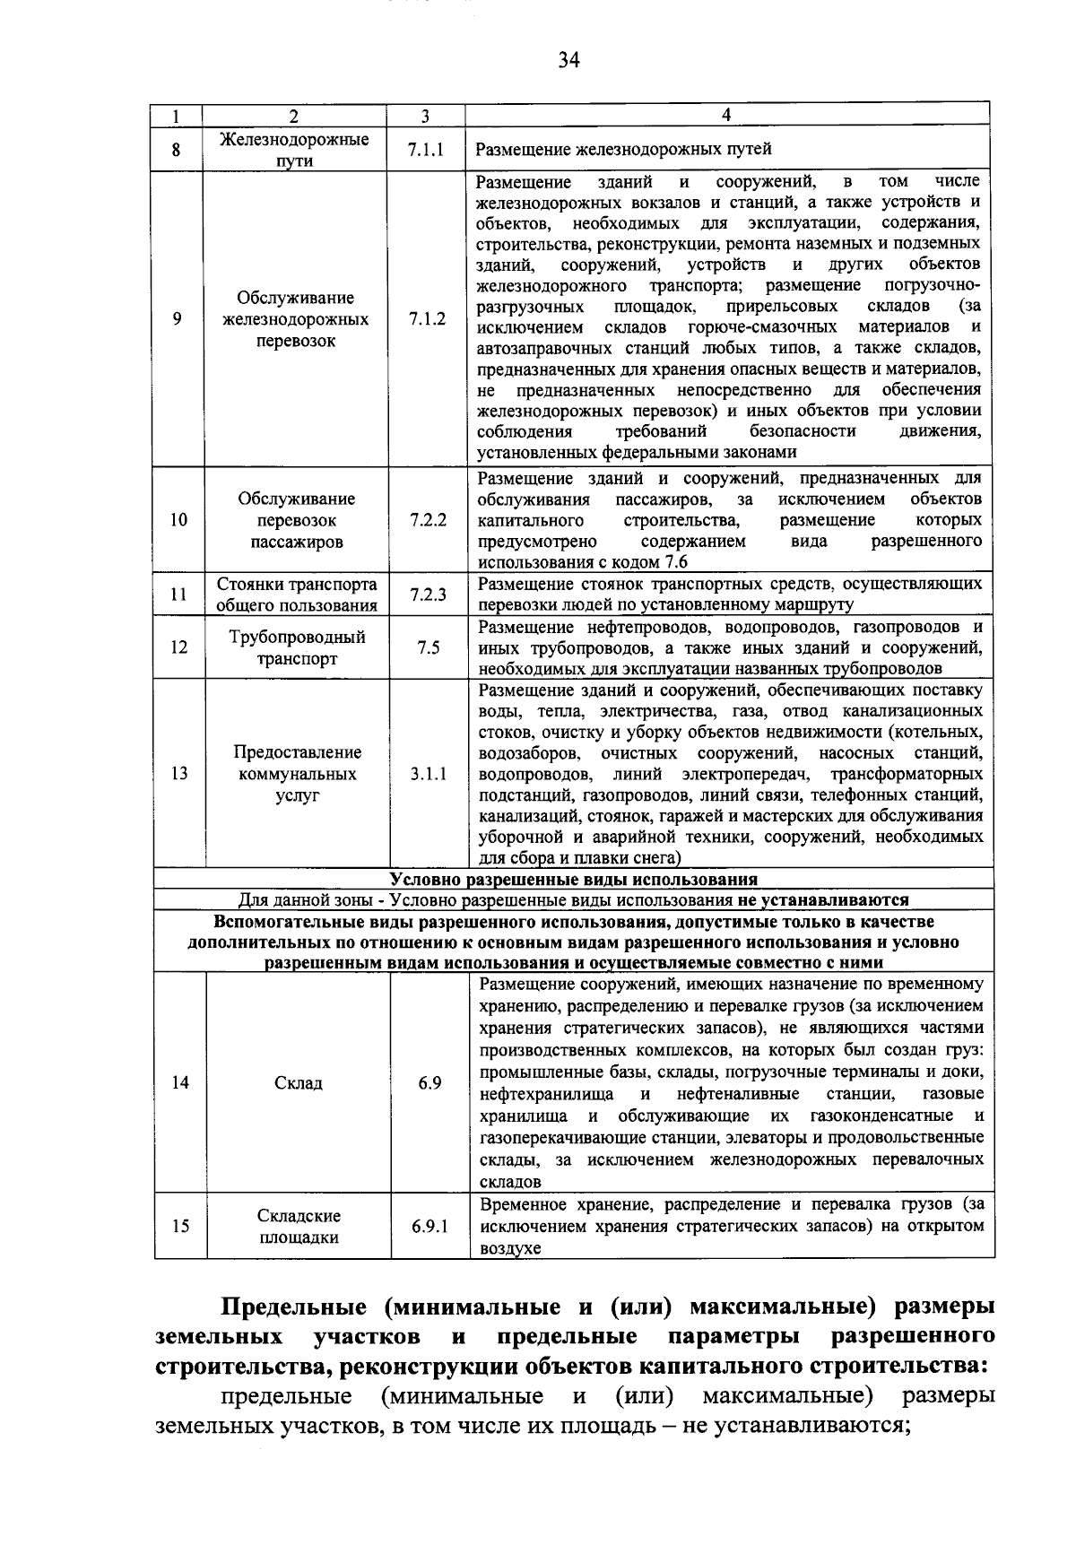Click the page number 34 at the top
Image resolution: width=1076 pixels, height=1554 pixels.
pyautogui.click(x=568, y=60)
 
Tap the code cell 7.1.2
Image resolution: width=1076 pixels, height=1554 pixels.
pyautogui.click(x=426, y=319)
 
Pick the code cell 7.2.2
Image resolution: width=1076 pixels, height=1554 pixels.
pyautogui.click(x=428, y=520)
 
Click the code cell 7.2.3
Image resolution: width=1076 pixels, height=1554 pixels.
pyautogui.click(x=428, y=595)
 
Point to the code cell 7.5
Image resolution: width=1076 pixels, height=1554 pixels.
pyautogui.click(x=428, y=647)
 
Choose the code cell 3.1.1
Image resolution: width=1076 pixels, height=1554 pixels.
pyautogui.click(x=429, y=774)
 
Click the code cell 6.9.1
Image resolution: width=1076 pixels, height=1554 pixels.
pyautogui.click(x=430, y=1227)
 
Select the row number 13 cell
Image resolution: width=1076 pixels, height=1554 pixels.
pyautogui.click(x=179, y=774)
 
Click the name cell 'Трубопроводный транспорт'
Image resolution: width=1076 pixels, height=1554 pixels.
pyautogui.click(x=297, y=647)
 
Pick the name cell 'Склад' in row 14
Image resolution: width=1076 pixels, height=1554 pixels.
pyautogui.click(x=298, y=1083)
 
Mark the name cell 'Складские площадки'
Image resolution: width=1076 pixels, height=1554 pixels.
pyautogui.click(x=299, y=1227)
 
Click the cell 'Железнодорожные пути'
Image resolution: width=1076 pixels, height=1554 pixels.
pyautogui.click(x=294, y=150)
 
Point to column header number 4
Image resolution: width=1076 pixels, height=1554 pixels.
pyautogui.click(x=726, y=115)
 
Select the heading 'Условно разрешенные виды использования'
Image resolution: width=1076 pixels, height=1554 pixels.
pyautogui.click(x=574, y=879)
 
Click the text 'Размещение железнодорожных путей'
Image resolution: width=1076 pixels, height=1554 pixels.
pyautogui.click(x=623, y=150)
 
